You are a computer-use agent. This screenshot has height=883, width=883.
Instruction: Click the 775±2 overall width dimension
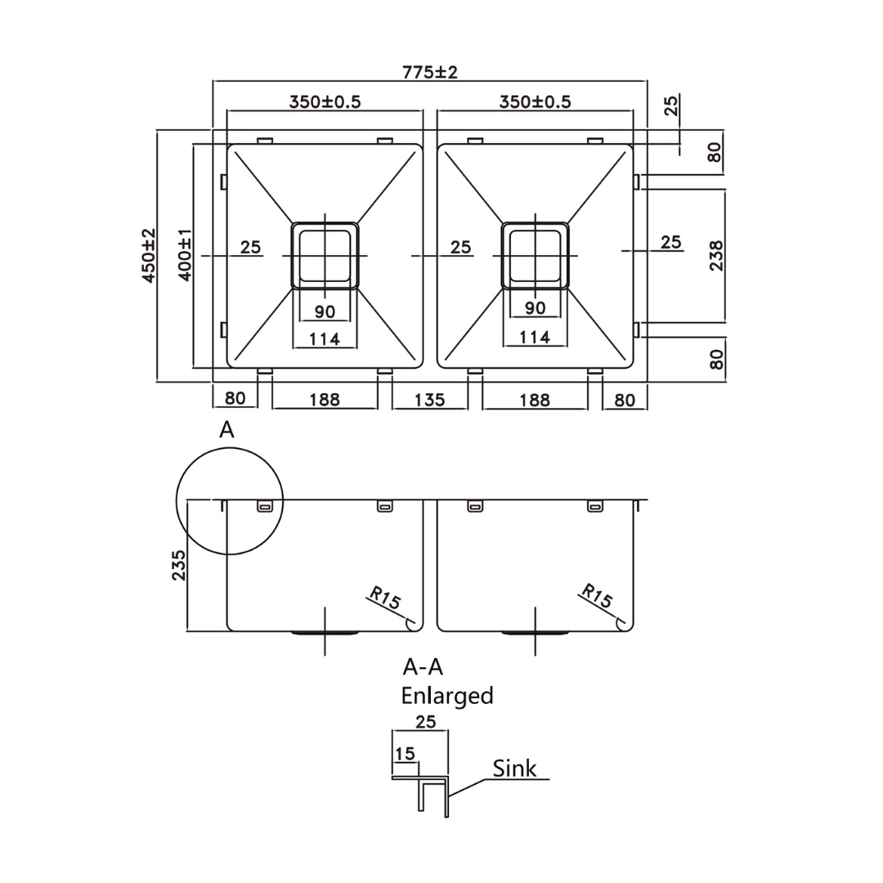coord(430,72)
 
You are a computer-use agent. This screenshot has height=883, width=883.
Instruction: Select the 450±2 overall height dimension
coord(149,255)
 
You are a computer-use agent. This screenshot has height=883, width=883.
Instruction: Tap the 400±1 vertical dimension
coord(185,255)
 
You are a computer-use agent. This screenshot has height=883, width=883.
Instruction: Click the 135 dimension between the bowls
coord(429,399)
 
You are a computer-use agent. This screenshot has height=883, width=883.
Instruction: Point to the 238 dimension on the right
coord(716,256)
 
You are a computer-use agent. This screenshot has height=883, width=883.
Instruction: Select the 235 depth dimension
coord(179,565)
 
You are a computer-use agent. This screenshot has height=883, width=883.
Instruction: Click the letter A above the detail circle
coord(226,430)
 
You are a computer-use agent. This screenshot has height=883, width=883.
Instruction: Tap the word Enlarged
coord(446,696)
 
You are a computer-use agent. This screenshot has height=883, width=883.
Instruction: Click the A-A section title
coord(423,667)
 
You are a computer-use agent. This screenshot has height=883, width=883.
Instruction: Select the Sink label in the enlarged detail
coord(515,769)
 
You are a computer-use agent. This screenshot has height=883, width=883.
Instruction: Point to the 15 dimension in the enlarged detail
coord(405,753)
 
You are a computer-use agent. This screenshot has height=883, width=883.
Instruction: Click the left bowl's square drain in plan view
coord(325,255)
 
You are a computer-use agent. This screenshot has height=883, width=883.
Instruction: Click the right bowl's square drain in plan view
coord(535,255)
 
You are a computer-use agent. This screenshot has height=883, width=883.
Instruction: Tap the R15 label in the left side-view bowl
coord(385,598)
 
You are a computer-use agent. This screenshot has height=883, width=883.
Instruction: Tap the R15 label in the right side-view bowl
coord(596,598)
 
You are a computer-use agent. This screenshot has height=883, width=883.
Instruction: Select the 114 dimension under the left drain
coord(325,338)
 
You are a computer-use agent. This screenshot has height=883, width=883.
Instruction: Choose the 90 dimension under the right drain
coord(535,308)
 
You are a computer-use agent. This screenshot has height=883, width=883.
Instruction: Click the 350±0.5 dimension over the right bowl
coord(535,102)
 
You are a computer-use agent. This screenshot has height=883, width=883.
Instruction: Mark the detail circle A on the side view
coord(230,501)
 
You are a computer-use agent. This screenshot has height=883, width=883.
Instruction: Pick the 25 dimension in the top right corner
coord(670,105)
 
